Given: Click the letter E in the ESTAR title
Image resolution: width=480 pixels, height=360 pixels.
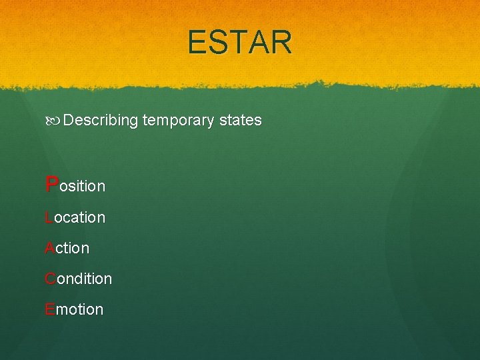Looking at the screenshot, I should (198, 42).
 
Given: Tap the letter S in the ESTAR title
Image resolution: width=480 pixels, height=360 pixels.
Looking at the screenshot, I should (217, 42).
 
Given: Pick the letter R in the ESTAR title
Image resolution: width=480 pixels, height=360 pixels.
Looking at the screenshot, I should (280, 42).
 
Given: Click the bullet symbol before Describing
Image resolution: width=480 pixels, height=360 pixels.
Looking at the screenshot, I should (53, 121).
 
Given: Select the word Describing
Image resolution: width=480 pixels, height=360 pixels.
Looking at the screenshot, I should (101, 121).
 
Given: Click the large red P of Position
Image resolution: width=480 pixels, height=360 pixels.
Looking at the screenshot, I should (51, 184).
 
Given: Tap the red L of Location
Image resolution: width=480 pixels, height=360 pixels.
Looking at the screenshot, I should (49, 217).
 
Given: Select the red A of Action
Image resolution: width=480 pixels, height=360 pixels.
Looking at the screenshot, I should (49, 248).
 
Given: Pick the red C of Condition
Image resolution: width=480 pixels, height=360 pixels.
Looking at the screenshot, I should (50, 279).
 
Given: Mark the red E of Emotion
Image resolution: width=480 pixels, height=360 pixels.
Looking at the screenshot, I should (49, 309).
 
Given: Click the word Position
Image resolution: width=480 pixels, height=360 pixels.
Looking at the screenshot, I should (75, 185).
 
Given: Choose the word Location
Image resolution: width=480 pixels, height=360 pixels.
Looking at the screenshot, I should (75, 217).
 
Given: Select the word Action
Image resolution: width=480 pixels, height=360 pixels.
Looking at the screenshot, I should (67, 248).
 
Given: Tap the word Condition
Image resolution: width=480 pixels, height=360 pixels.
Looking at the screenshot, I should (78, 279).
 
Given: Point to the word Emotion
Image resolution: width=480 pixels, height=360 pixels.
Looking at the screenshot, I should (74, 309).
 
